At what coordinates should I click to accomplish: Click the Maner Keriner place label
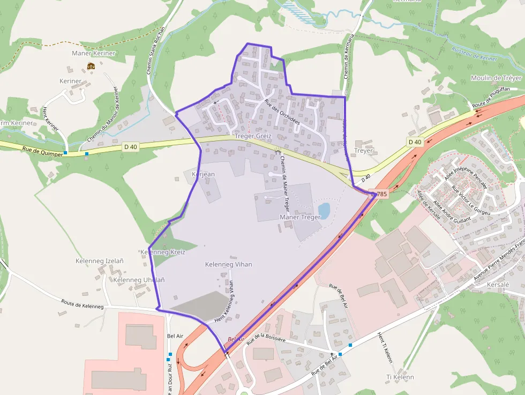pos(93,54)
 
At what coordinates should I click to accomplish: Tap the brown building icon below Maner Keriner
pos(91,66)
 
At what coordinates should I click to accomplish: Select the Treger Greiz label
pos(253,136)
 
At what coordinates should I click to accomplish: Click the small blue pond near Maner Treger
pos(324,209)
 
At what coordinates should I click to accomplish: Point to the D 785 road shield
pos(379,193)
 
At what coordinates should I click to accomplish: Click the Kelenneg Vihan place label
pos(228,264)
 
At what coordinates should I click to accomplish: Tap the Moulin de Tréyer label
pos(496,78)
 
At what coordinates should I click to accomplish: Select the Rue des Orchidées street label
pos(282,113)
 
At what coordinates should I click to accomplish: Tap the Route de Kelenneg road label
pos(81,303)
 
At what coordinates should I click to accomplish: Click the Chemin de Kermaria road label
pos(349,56)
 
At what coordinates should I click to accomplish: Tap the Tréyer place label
pos(364,151)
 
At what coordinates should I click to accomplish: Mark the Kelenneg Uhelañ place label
pos(139,280)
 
